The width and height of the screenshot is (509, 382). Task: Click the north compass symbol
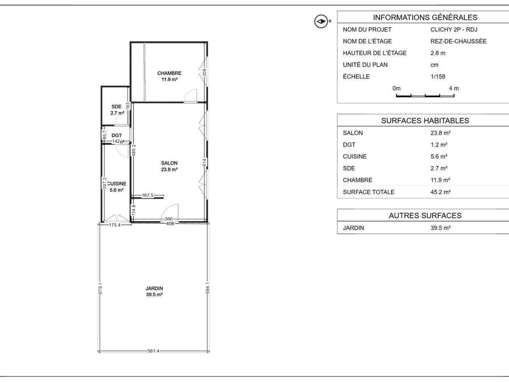[x=321, y=21]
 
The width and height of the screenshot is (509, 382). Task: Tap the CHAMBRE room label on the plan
[x=169, y=73]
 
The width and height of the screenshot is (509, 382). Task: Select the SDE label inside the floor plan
[x=116, y=107]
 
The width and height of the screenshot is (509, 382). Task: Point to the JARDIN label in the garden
[x=154, y=288]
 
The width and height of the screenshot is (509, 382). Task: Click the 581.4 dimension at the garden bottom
[x=154, y=351]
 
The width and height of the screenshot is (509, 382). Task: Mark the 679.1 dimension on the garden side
[x=101, y=289]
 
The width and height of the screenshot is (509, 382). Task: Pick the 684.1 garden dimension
[x=208, y=288]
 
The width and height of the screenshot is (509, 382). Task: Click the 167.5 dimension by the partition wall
[x=148, y=195]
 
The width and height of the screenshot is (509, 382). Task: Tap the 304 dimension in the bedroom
[x=204, y=73]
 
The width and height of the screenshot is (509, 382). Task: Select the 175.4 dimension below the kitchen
[x=115, y=225]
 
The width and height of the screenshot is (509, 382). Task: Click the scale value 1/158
[x=438, y=76]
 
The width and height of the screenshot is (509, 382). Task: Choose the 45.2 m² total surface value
[x=441, y=192]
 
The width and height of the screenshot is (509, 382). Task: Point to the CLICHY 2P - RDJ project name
[x=454, y=29]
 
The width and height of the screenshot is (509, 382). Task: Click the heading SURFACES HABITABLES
[x=425, y=121]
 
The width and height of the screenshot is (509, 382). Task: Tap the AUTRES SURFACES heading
[x=425, y=216]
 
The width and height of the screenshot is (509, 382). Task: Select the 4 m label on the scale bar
[x=454, y=88]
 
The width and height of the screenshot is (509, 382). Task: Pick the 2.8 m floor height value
[x=438, y=53]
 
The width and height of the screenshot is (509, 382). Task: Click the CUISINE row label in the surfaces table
[x=355, y=157]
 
